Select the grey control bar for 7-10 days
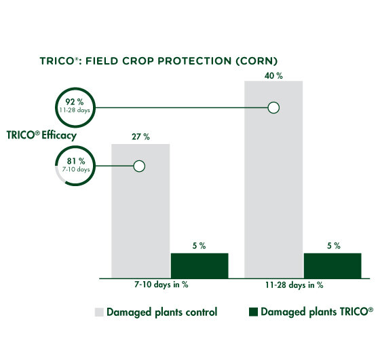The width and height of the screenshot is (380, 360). coord(140,217)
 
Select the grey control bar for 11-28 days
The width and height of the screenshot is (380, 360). coord(273,190)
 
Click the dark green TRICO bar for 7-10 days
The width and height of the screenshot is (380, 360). coord(199,264)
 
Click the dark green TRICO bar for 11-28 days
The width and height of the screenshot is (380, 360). coord(332,264)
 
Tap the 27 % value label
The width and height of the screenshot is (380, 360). coord(140,137)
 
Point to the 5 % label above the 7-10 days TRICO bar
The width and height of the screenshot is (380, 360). coord(199,246)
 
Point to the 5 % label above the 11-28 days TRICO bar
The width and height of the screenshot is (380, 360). coord(332,246)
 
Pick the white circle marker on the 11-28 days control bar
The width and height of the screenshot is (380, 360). coord(273,107)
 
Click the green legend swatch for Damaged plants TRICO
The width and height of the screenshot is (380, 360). coord(254,312)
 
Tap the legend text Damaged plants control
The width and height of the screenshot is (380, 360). coord(163,312)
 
